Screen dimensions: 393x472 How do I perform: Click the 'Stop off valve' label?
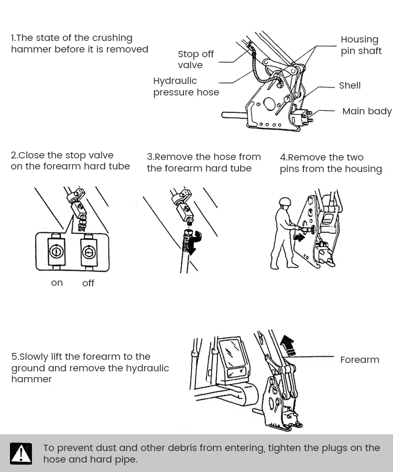(195, 60)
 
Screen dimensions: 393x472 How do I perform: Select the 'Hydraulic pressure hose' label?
(185, 87)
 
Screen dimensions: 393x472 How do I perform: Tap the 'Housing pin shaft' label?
(361, 45)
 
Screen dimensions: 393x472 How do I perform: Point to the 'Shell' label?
(350, 85)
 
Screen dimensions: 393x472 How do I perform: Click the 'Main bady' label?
(366, 111)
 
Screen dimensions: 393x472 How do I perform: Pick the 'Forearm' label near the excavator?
(359, 360)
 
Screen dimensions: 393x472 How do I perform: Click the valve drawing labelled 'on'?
(56, 252)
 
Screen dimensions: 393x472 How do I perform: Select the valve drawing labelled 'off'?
(89, 252)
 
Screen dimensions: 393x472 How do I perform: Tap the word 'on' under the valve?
(57, 283)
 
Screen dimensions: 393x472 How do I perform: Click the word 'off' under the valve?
(88, 283)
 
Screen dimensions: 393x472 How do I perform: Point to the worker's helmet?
(285, 202)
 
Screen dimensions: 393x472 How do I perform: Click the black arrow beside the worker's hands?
(299, 238)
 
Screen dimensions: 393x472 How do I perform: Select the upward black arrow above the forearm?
(287, 344)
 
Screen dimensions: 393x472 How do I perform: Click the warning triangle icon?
(21, 454)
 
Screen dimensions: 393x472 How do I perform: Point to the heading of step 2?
(70, 160)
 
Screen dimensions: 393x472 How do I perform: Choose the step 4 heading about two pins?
(331, 163)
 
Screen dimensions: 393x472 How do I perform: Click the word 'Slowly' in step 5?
(34, 357)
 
